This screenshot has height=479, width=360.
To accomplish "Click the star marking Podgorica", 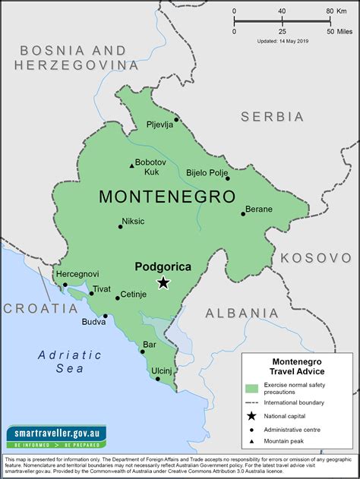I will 163,283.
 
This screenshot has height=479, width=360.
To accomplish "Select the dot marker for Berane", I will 244,213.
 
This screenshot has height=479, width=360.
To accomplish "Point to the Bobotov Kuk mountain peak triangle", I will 131,164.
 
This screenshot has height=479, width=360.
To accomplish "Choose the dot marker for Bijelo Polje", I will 227,178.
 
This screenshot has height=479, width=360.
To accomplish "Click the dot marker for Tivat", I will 91,293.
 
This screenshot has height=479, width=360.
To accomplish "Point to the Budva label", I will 95,321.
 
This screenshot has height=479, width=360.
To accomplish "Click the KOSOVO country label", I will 315,258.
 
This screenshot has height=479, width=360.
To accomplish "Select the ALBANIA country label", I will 242,313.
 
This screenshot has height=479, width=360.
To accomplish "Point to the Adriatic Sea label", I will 69,361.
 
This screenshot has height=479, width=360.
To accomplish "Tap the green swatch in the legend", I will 251,389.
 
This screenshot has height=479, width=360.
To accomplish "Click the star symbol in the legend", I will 251,415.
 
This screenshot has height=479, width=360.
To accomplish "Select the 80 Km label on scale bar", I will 335,11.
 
